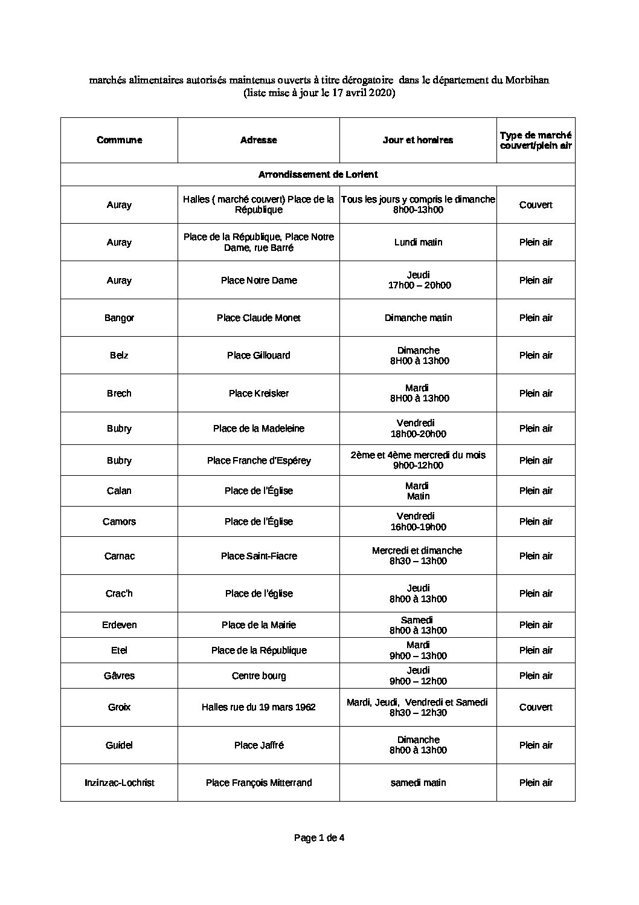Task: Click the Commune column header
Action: point(119,140)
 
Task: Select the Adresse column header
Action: point(258,140)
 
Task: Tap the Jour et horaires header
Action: point(418,140)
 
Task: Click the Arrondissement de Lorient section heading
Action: point(318,175)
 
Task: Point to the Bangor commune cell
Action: point(119,318)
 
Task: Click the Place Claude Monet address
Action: point(258,318)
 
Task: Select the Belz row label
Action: point(119,355)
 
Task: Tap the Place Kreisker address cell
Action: point(258,394)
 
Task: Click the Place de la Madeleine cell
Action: point(258,429)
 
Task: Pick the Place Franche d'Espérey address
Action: point(258,461)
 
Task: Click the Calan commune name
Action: point(119,491)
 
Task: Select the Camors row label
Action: point(119,522)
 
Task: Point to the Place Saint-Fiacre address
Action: point(258,556)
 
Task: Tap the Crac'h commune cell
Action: point(119,594)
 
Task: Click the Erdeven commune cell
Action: point(119,625)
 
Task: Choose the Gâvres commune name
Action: point(119,676)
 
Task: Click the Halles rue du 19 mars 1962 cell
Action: point(258,707)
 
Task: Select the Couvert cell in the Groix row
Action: point(536,707)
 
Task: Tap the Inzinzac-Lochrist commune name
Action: point(119,783)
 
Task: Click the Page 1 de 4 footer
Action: point(319,838)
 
